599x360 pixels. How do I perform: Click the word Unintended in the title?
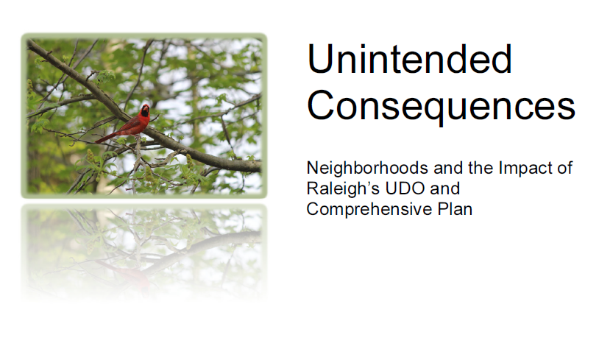(x=409, y=59)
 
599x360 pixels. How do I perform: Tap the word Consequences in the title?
(x=442, y=105)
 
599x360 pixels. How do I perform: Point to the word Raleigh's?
(x=343, y=188)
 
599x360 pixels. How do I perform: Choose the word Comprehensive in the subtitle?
(x=369, y=209)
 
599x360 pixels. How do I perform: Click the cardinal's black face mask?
(x=145, y=112)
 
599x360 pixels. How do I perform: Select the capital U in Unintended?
(x=320, y=59)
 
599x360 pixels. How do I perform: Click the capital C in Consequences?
(x=321, y=105)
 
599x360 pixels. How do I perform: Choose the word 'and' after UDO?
(x=445, y=188)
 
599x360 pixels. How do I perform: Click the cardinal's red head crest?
(x=145, y=106)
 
